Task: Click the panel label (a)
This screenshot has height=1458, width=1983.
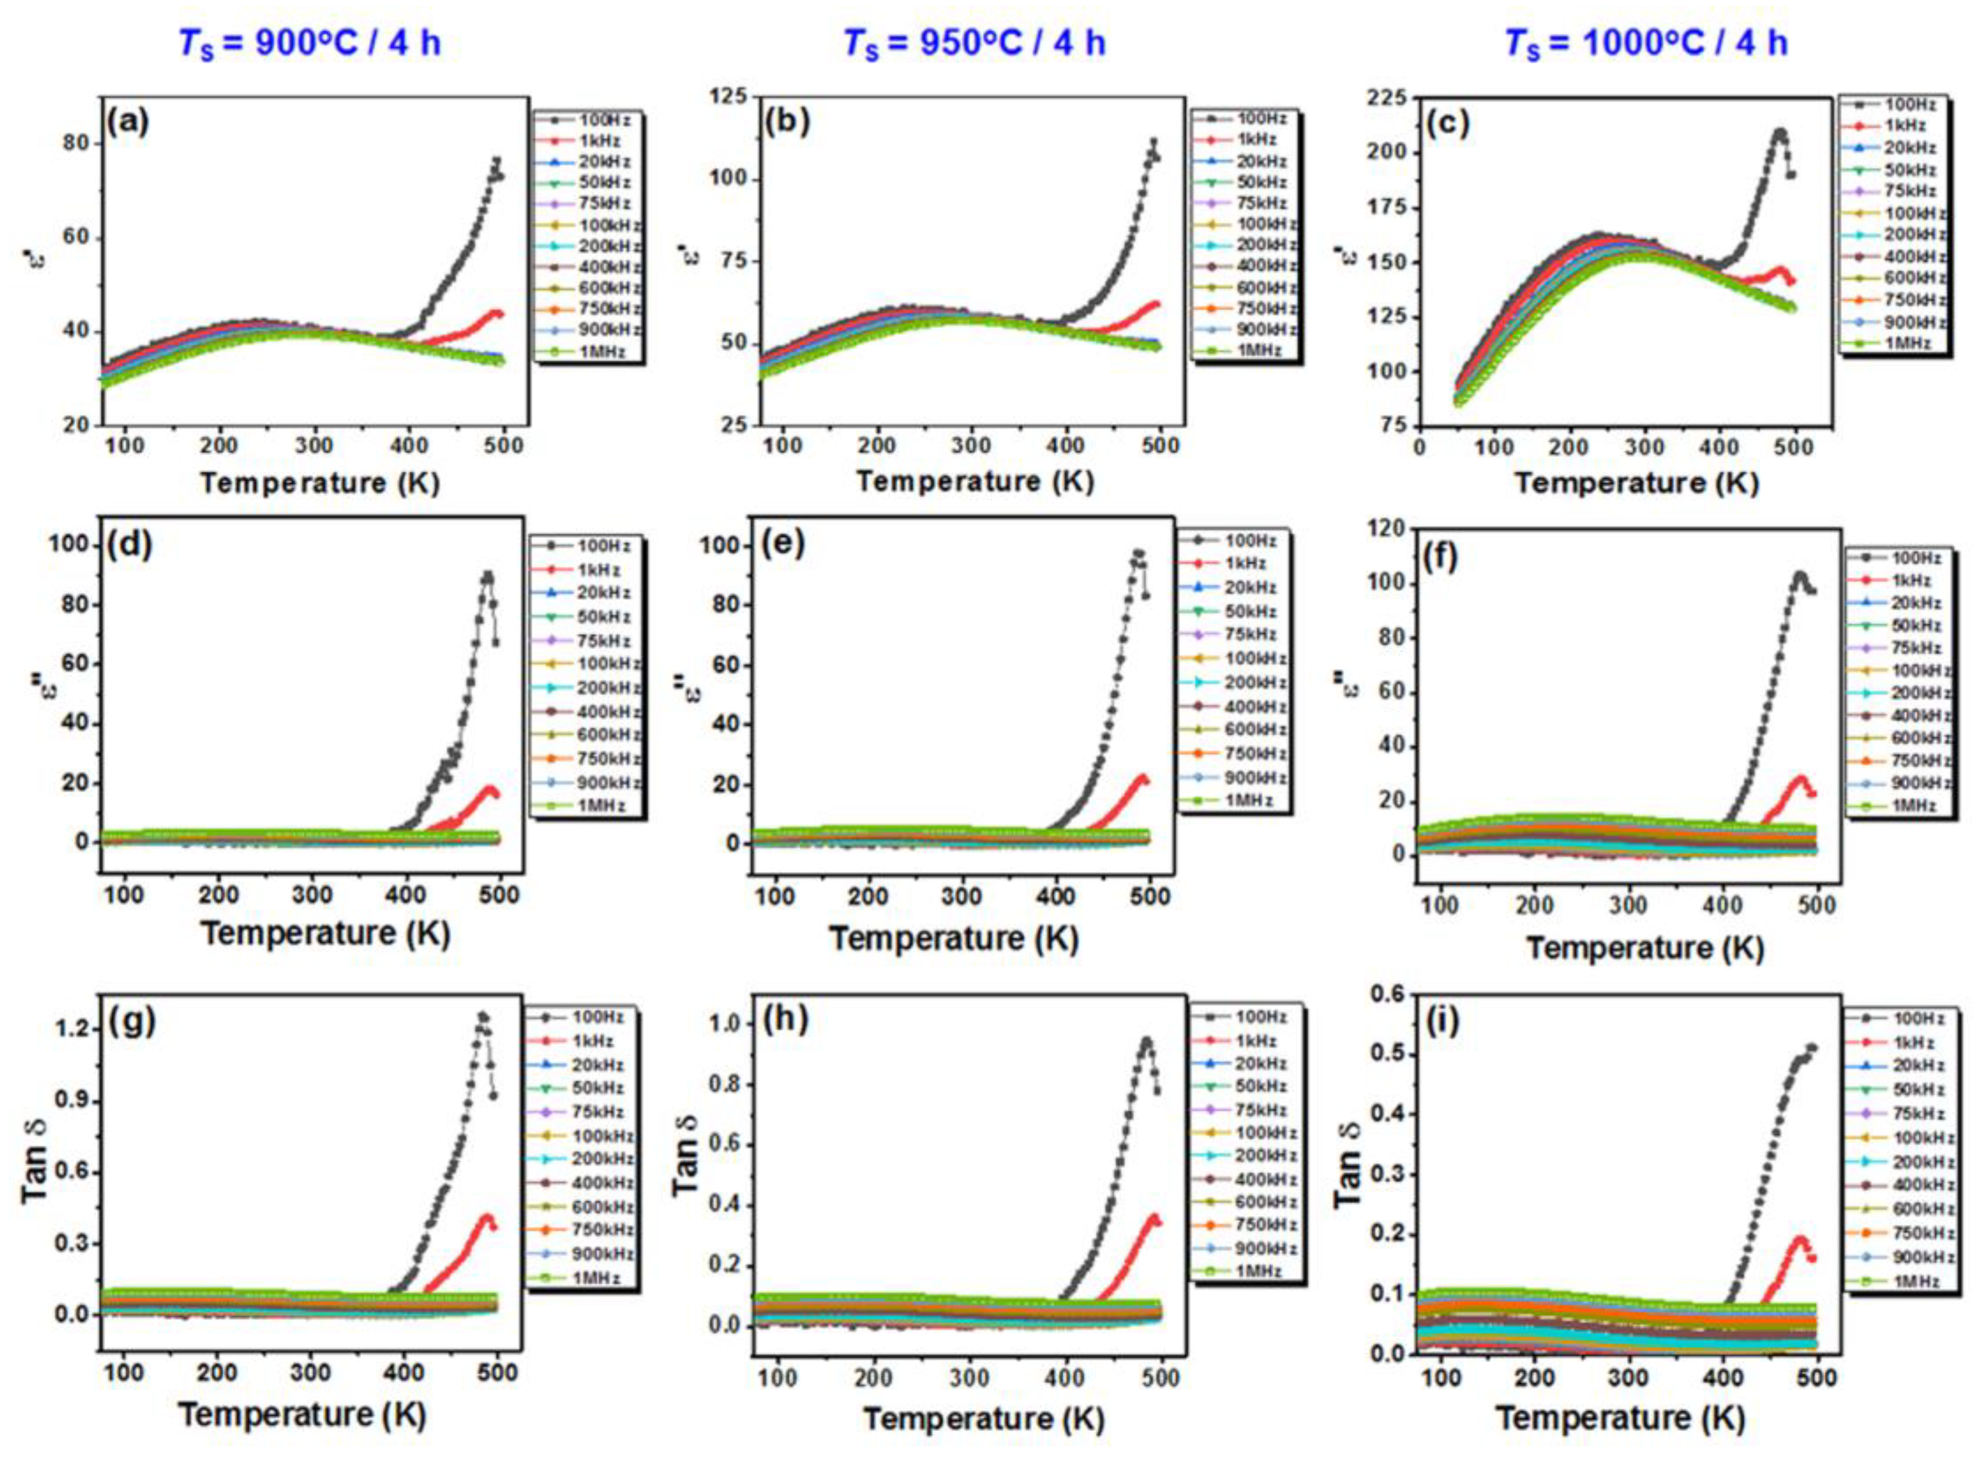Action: pyautogui.click(x=129, y=121)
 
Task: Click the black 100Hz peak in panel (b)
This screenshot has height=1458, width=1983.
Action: pyautogui.click(x=1152, y=141)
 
